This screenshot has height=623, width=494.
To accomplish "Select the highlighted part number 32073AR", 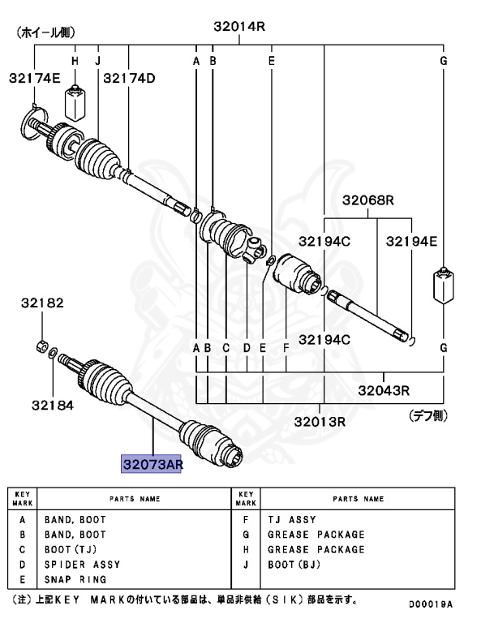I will tap(152, 464).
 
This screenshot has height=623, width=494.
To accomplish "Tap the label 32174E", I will tap(35, 78).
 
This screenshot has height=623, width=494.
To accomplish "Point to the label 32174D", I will tap(129, 78).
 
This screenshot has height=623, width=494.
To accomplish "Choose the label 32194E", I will tap(411, 240).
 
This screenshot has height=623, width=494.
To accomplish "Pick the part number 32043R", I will tap(384, 389).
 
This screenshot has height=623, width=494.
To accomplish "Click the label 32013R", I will tap(320, 422).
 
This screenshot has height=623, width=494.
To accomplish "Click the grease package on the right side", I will tap(444, 285).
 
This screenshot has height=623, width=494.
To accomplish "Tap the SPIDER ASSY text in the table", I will tap(82, 564).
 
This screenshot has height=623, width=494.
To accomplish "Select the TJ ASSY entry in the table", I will tap(291, 519).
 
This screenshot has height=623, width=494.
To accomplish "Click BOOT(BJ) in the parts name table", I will tap(294, 564).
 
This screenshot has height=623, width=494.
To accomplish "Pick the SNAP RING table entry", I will tap(75, 579).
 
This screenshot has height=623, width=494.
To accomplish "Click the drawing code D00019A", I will tap(430, 604).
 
